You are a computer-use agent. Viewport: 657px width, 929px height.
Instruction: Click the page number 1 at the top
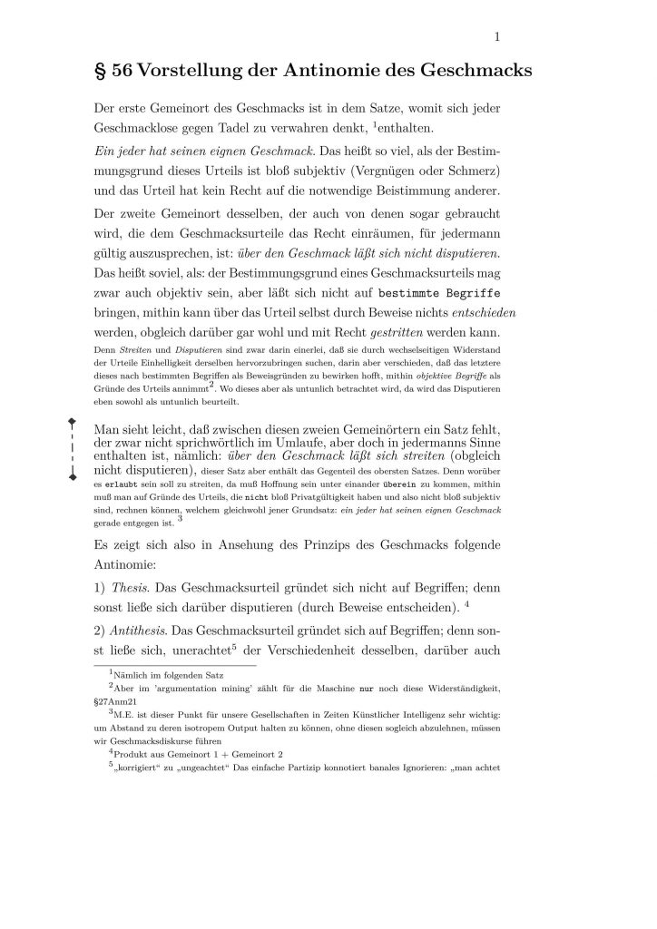coord(498,36)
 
